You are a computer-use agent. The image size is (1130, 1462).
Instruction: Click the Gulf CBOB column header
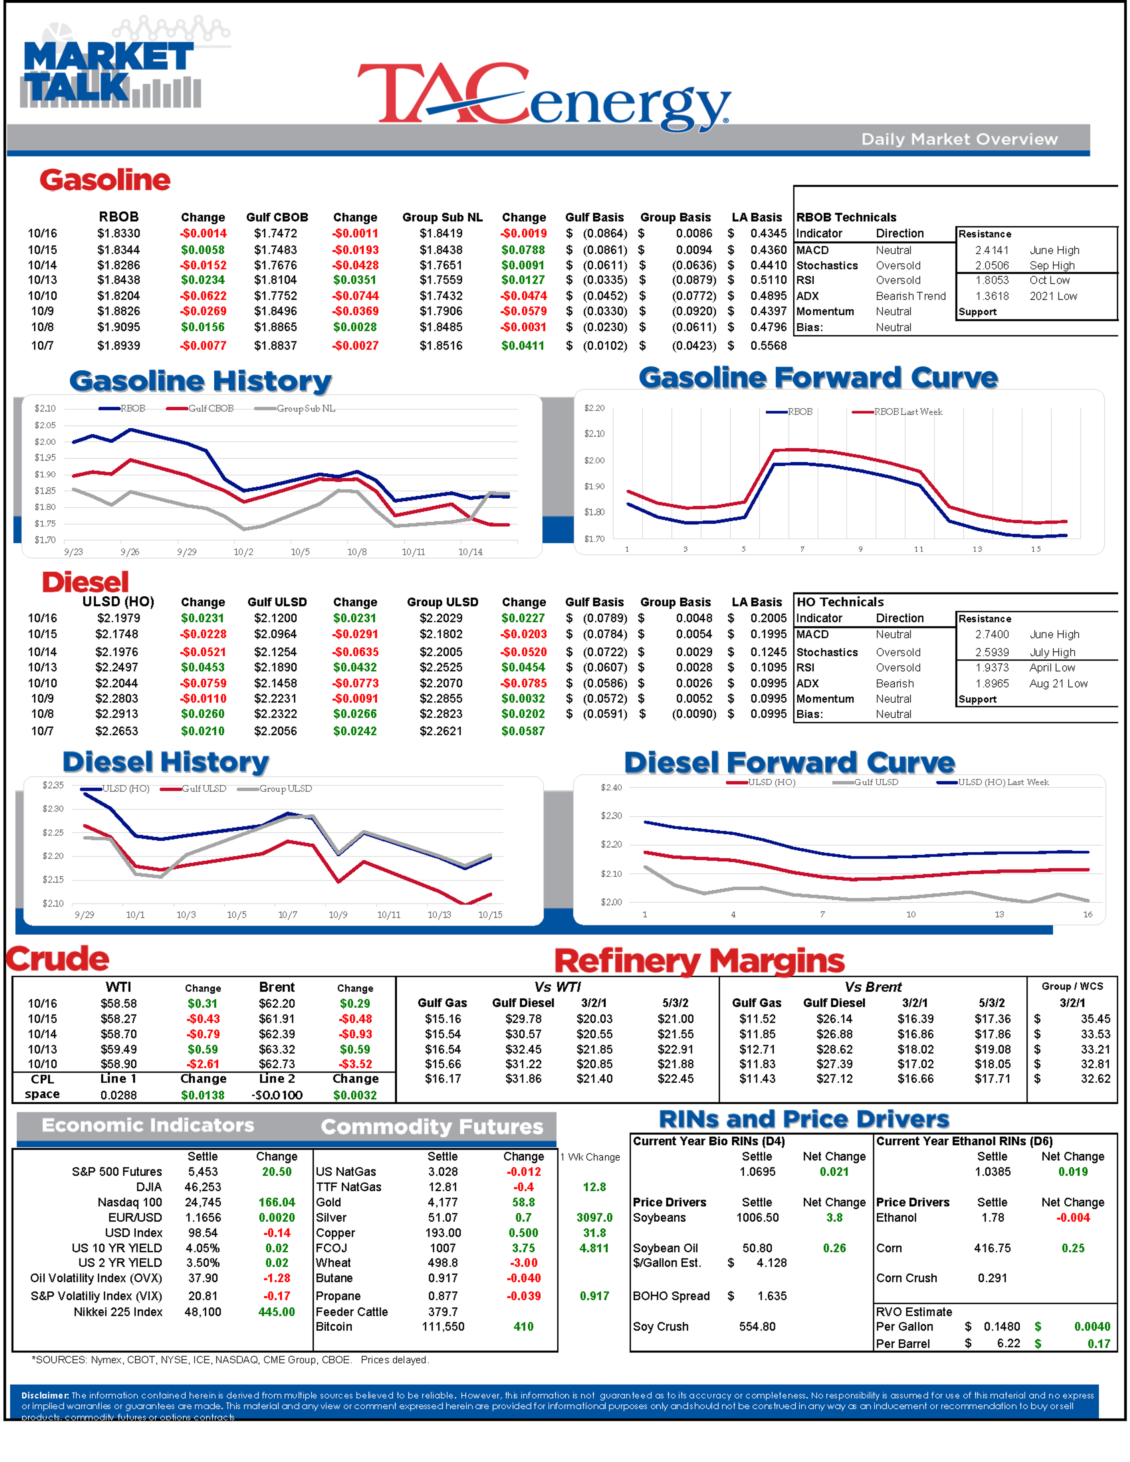pyautogui.click(x=277, y=217)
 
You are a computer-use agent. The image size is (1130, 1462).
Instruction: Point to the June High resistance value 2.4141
pyautogui.click(x=991, y=250)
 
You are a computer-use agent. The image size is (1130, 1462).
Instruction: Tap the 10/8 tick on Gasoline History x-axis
pyautogui.click(x=357, y=552)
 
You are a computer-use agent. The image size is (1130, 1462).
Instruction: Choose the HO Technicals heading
pyautogui.click(x=840, y=602)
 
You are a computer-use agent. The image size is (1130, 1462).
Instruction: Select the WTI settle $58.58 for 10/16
pyautogui.click(x=119, y=1003)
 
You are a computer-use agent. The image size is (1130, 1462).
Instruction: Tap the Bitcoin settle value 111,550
pyautogui.click(x=443, y=1326)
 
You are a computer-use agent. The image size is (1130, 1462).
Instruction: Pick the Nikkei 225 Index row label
pyautogui.click(x=118, y=1311)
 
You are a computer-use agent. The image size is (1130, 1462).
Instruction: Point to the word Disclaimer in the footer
pyautogui.click(x=44, y=1395)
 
